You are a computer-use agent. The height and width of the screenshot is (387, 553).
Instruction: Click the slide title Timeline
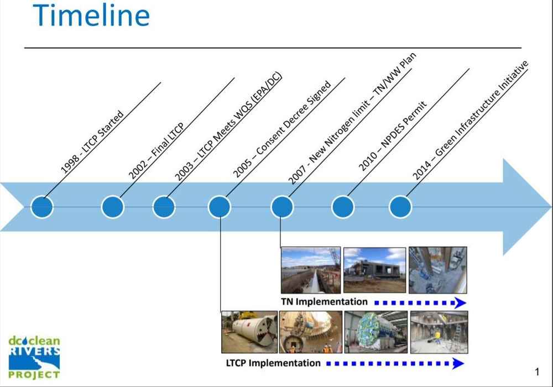[x=91, y=15]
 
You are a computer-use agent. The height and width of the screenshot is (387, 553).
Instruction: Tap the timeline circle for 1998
[x=42, y=207]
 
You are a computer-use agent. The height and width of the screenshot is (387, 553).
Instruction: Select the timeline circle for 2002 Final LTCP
[x=112, y=207]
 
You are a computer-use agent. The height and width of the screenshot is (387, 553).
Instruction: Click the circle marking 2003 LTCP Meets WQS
[x=164, y=207]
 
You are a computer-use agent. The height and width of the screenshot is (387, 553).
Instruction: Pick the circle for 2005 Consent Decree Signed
[x=220, y=207]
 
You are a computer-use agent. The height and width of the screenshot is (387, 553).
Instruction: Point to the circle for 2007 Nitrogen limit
[x=282, y=207]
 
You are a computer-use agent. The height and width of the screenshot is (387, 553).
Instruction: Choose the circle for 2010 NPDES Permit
[x=343, y=207]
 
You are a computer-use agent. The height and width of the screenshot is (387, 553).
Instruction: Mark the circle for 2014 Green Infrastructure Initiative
[x=400, y=207]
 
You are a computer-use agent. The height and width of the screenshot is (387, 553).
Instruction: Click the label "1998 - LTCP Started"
[x=92, y=143]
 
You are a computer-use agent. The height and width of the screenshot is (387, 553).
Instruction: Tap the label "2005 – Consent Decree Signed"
[x=282, y=129]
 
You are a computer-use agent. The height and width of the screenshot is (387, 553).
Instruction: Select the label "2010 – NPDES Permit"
[x=393, y=137]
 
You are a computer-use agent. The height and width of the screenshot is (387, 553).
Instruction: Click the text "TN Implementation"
[x=324, y=302]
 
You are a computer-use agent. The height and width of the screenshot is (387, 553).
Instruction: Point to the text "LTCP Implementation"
[x=273, y=363]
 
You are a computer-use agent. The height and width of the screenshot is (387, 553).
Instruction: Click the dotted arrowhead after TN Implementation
[x=460, y=303]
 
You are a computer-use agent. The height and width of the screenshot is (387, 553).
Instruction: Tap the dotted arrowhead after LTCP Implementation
[x=458, y=364]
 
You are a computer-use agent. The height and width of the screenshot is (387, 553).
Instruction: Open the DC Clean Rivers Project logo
[x=34, y=357]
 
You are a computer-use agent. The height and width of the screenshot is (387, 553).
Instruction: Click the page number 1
[x=537, y=372]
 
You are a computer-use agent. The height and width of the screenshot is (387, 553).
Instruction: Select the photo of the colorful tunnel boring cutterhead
[x=376, y=332]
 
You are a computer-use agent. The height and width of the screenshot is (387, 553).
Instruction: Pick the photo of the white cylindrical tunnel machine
[x=249, y=332]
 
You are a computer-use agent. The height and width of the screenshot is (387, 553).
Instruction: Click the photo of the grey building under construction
[x=374, y=270]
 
